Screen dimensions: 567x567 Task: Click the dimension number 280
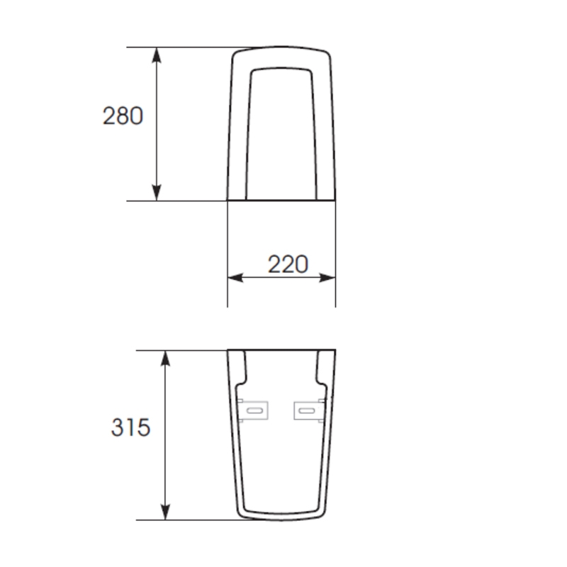coord(123,116)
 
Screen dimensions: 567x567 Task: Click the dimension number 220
coord(288,264)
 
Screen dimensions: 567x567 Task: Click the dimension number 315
coord(130,427)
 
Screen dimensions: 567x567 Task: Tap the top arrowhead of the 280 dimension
coord(156,55)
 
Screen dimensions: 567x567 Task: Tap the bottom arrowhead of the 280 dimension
coord(156,192)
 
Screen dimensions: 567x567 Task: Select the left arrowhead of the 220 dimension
coord(235,278)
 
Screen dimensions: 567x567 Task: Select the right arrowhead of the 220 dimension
coord(327,278)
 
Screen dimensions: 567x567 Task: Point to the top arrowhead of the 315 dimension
coord(165,359)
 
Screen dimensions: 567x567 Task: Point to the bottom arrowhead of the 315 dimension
coord(165,512)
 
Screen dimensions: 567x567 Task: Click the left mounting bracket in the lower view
coord(253,410)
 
